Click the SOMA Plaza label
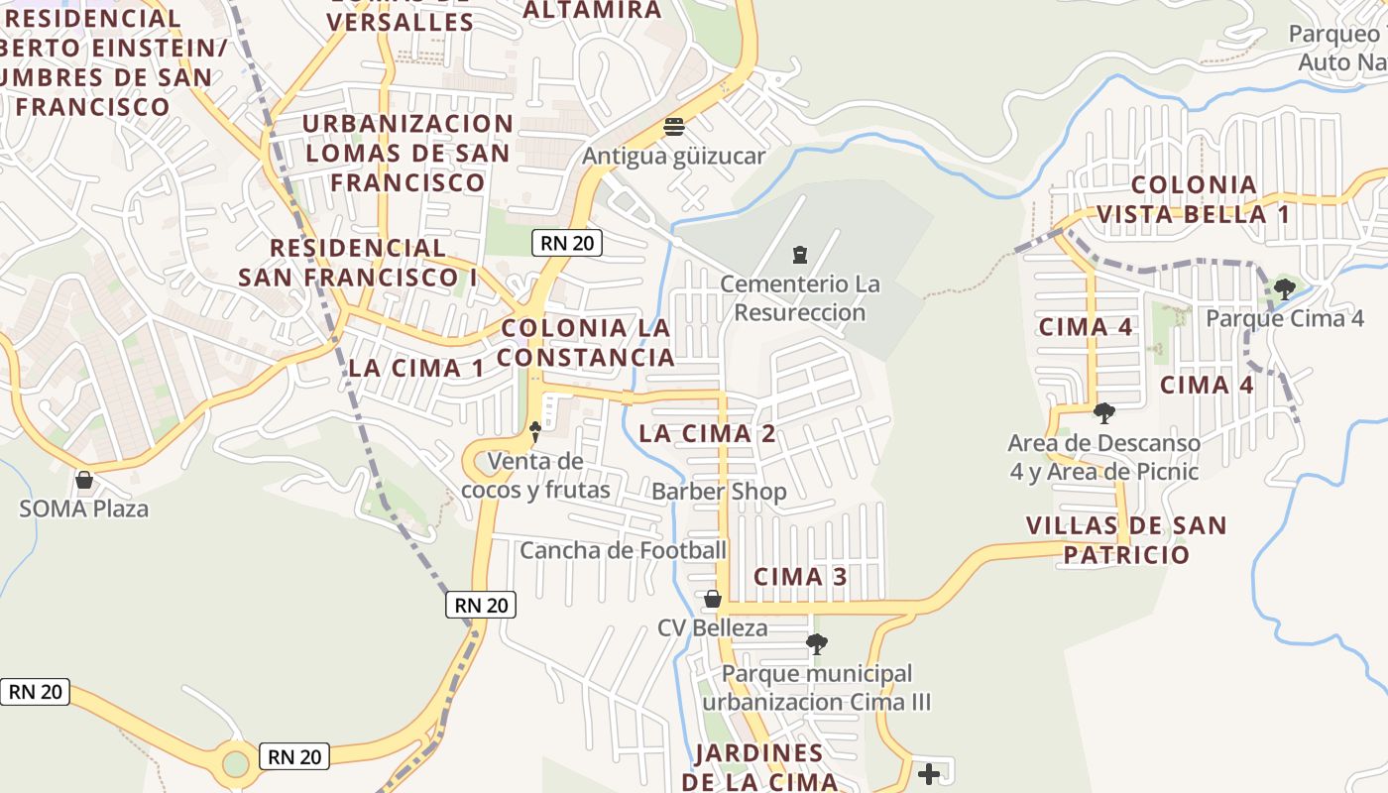pyautogui.click(x=84, y=510)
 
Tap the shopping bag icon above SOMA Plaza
pyautogui.click(x=84, y=481)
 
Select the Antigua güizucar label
pyautogui.click(x=673, y=157)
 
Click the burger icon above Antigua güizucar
pyautogui.click(x=674, y=127)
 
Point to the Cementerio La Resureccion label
pyautogui.click(x=799, y=298)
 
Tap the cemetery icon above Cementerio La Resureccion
pyautogui.click(x=800, y=255)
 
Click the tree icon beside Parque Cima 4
pyautogui.click(x=1284, y=289)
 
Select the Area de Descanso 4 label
pyautogui.click(x=1103, y=457)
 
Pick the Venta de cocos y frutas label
pyautogui.click(x=535, y=475)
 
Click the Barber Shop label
pyautogui.click(x=719, y=492)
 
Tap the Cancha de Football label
pyautogui.click(x=623, y=550)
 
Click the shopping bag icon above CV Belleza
pyautogui.click(x=712, y=599)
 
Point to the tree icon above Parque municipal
pyautogui.click(x=816, y=644)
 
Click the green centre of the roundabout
pyautogui.click(x=236, y=764)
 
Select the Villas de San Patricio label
pyautogui.click(x=1125, y=540)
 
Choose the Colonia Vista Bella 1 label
pyautogui.click(x=1193, y=199)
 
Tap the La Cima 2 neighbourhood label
pyautogui.click(x=707, y=433)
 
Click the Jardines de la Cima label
pyautogui.click(x=759, y=766)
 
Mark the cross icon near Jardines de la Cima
pyautogui.click(x=929, y=773)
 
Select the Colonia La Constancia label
pyautogui.click(x=585, y=342)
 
